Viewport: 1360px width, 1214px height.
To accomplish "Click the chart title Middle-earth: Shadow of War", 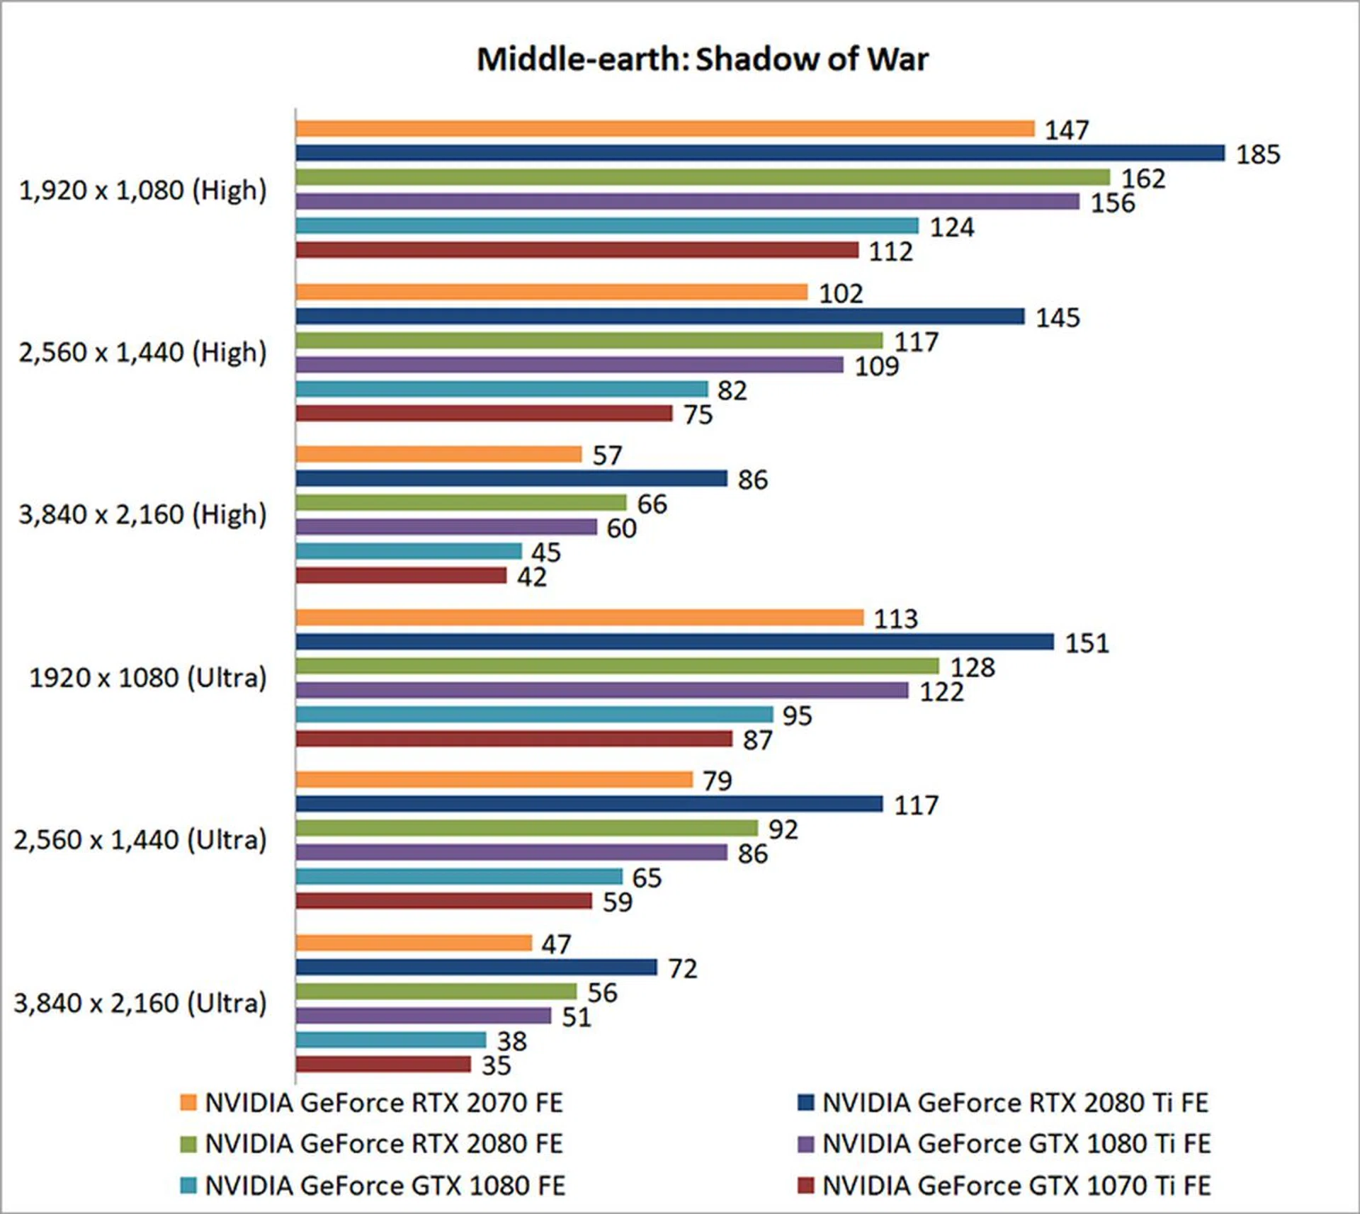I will tap(702, 59).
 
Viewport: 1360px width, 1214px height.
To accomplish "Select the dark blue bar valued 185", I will tap(759, 153).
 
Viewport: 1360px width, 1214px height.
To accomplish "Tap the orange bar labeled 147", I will tap(664, 129).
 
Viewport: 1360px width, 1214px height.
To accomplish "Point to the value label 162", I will tap(1143, 178).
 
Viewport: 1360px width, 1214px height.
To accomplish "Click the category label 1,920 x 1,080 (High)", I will tap(142, 191).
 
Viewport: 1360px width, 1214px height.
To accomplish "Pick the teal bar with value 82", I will tap(501, 389).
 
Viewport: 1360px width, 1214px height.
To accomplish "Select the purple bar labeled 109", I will tap(569, 365).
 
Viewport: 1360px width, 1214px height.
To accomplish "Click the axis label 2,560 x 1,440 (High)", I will tap(142, 353).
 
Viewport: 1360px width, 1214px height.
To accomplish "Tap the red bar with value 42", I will tap(401, 576).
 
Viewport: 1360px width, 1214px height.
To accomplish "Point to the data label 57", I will tap(607, 455).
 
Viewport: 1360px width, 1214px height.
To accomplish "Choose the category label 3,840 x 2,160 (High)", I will tap(142, 515).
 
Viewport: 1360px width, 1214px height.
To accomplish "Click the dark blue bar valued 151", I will tap(674, 642).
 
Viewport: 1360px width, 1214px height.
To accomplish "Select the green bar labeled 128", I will tap(617, 666).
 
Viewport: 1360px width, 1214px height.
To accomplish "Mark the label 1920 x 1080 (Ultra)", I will tap(147, 678).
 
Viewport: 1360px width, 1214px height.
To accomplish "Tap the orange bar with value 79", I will tap(494, 780).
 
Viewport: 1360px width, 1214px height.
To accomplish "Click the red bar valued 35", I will tap(383, 1064).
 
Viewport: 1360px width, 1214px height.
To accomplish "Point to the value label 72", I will tap(683, 968).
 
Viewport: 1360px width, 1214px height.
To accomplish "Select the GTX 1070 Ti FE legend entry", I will tap(1004, 1186).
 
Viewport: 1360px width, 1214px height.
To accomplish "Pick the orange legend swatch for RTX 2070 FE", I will tap(188, 1103).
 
